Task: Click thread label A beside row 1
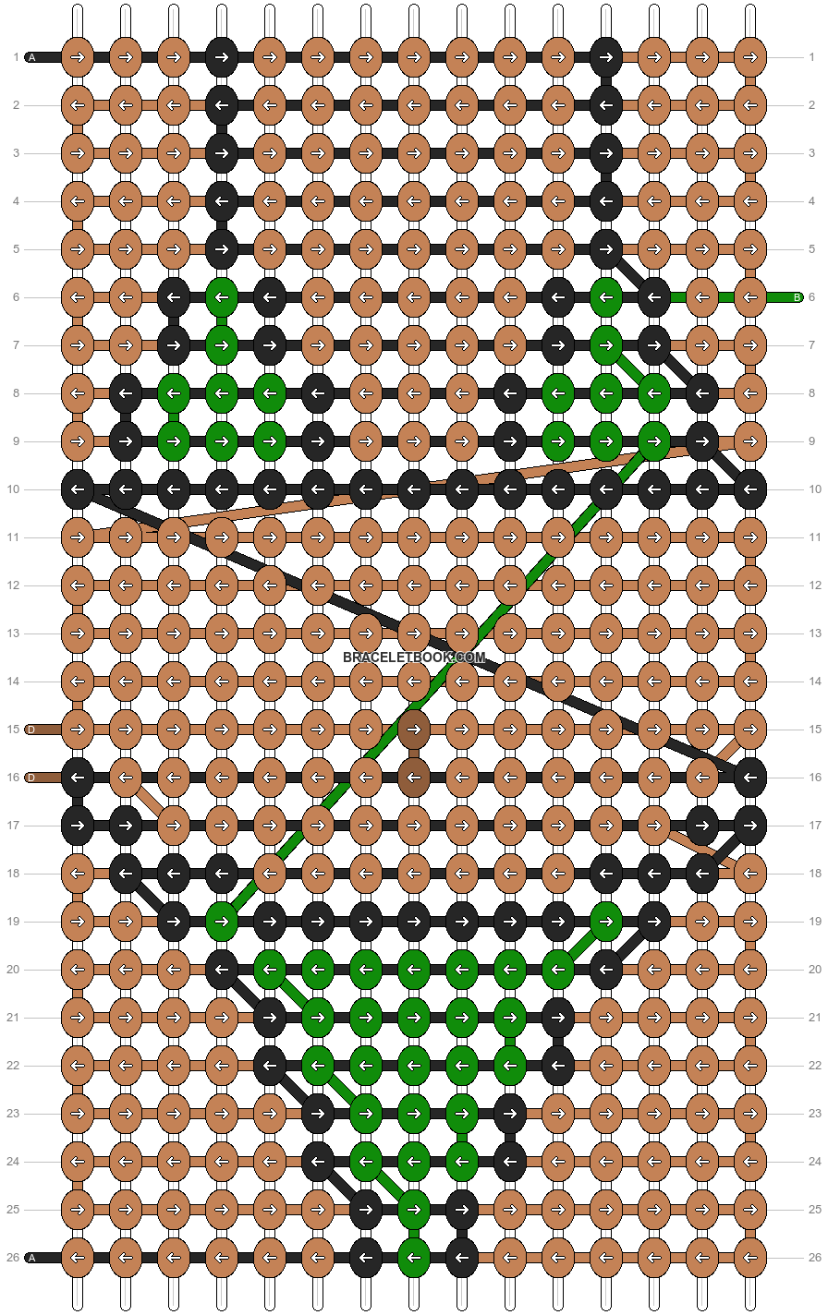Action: (x=31, y=57)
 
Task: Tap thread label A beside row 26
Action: (x=31, y=1258)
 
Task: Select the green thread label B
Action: (x=797, y=297)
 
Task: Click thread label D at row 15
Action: (x=31, y=730)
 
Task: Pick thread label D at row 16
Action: (x=31, y=778)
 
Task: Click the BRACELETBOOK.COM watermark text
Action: (x=414, y=657)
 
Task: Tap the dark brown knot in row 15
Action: (x=414, y=730)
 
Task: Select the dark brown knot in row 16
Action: (x=414, y=778)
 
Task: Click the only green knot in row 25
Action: (x=414, y=1210)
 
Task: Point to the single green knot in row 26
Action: (x=414, y=1258)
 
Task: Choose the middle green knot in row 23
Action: (x=414, y=1114)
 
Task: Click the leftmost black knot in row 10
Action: (x=78, y=489)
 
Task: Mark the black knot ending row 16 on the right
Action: (x=750, y=778)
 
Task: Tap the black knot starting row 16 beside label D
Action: (x=78, y=778)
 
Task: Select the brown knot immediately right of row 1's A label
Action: (x=78, y=57)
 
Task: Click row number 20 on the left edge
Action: (x=13, y=970)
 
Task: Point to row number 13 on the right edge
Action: (x=815, y=633)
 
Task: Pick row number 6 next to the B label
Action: (x=811, y=297)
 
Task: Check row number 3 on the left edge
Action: (x=17, y=153)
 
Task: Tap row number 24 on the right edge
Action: (x=815, y=1162)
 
